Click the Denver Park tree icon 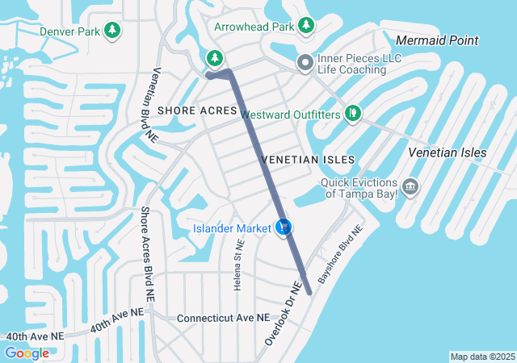113,31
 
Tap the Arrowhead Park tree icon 306,26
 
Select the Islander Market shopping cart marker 283,228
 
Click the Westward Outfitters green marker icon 352,114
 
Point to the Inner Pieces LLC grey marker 305,62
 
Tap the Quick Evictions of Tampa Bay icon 410,187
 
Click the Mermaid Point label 438,40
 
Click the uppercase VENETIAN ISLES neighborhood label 297,161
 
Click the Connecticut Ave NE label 223,318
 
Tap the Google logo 27,353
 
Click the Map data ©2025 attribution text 481,357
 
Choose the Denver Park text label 69,31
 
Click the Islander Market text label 231,229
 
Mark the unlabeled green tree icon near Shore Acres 214,57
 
